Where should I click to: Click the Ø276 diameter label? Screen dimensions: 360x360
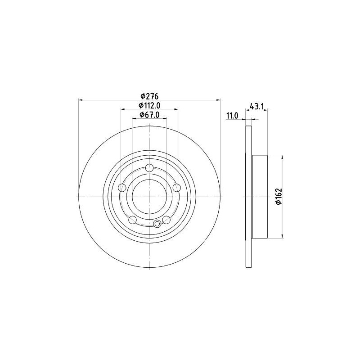pos(149,96)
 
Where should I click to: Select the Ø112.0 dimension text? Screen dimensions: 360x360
pos(149,105)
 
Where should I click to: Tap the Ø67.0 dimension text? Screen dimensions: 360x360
pos(149,115)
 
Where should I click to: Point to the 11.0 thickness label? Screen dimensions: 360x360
pos(232,116)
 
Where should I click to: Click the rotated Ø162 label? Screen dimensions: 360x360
pos(278,197)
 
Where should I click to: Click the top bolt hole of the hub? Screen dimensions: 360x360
pos(149,168)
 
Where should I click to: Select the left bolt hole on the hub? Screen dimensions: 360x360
pos(122,188)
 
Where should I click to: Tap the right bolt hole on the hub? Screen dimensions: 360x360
pos(177,188)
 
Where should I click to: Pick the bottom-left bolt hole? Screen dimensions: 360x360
pos(132,220)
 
